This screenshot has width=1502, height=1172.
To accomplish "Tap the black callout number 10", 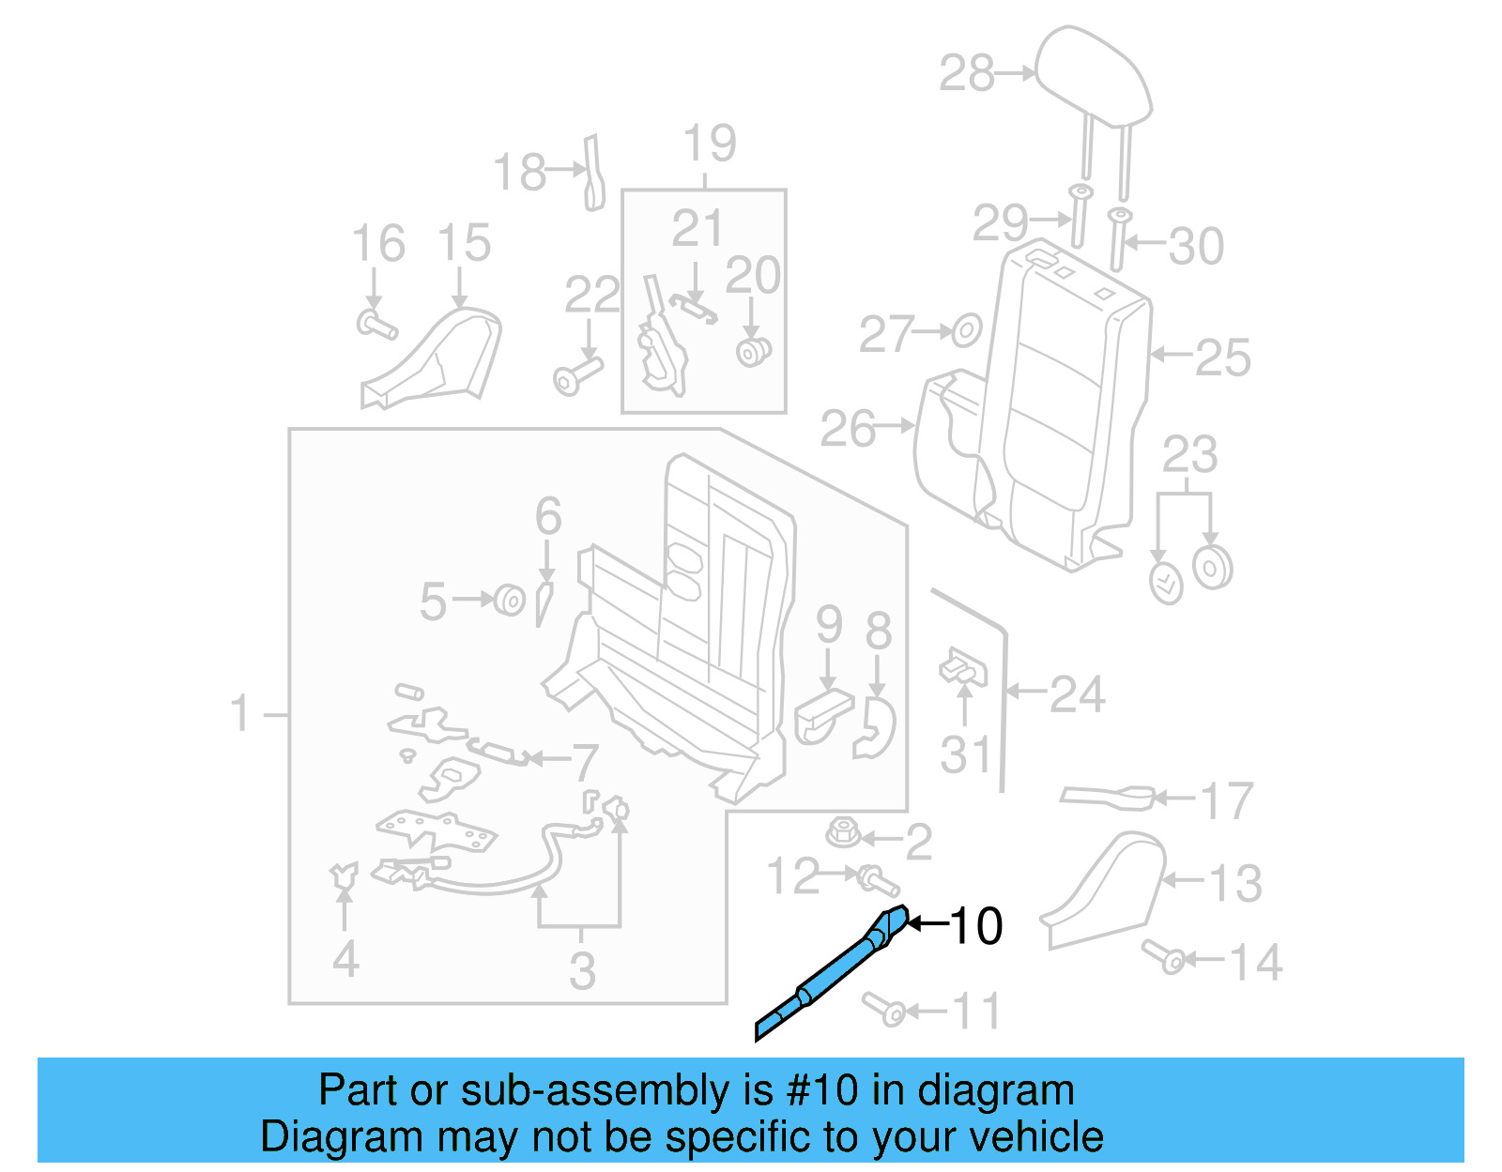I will (976, 926).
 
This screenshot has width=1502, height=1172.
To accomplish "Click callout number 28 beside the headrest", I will (967, 73).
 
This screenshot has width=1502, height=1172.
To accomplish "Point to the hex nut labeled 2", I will (843, 832).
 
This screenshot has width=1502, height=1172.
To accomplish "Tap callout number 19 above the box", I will (710, 144).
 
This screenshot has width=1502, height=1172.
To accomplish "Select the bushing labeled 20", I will (753, 352).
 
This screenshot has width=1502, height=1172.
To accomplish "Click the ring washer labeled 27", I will (966, 331).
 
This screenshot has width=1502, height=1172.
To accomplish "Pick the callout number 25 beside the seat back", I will (1222, 358).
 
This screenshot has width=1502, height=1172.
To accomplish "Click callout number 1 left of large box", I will (240, 713).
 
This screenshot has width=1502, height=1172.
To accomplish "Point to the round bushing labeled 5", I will (510, 599).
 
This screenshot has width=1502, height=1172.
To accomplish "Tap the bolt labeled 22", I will (575, 375).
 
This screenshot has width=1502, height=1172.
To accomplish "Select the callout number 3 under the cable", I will (582, 970).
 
